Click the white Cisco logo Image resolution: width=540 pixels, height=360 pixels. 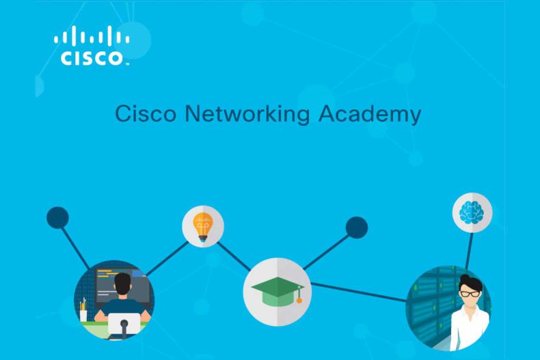92,46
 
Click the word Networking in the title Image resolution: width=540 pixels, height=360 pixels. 247,114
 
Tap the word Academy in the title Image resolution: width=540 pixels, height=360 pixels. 370,114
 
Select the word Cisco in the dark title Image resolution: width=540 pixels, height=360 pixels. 146,114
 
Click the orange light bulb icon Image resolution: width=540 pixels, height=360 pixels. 203,227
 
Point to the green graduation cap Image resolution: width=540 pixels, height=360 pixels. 278,292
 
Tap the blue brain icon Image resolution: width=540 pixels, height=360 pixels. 472,212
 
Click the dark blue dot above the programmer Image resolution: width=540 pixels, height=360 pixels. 57,217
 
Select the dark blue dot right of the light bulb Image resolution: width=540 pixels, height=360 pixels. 356,227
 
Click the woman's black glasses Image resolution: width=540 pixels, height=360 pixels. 470,294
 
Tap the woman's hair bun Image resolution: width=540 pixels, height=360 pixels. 465,278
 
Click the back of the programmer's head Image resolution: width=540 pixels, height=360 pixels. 122,284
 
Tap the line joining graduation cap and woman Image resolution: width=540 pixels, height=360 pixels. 358,292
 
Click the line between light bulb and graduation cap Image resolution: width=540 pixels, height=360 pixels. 234,256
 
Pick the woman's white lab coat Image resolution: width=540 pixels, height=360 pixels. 469,328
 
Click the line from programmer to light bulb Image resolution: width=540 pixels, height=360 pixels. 167,259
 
